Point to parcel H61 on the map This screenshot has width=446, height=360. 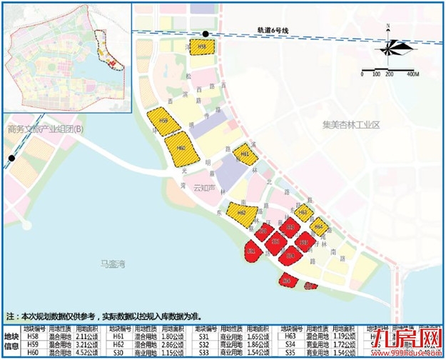tap(245, 154)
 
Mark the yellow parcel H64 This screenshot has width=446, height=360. tap(318, 226)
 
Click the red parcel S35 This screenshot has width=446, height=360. tap(303, 243)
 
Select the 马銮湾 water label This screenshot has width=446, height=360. tap(113, 264)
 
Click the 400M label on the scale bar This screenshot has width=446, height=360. tap(412, 74)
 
